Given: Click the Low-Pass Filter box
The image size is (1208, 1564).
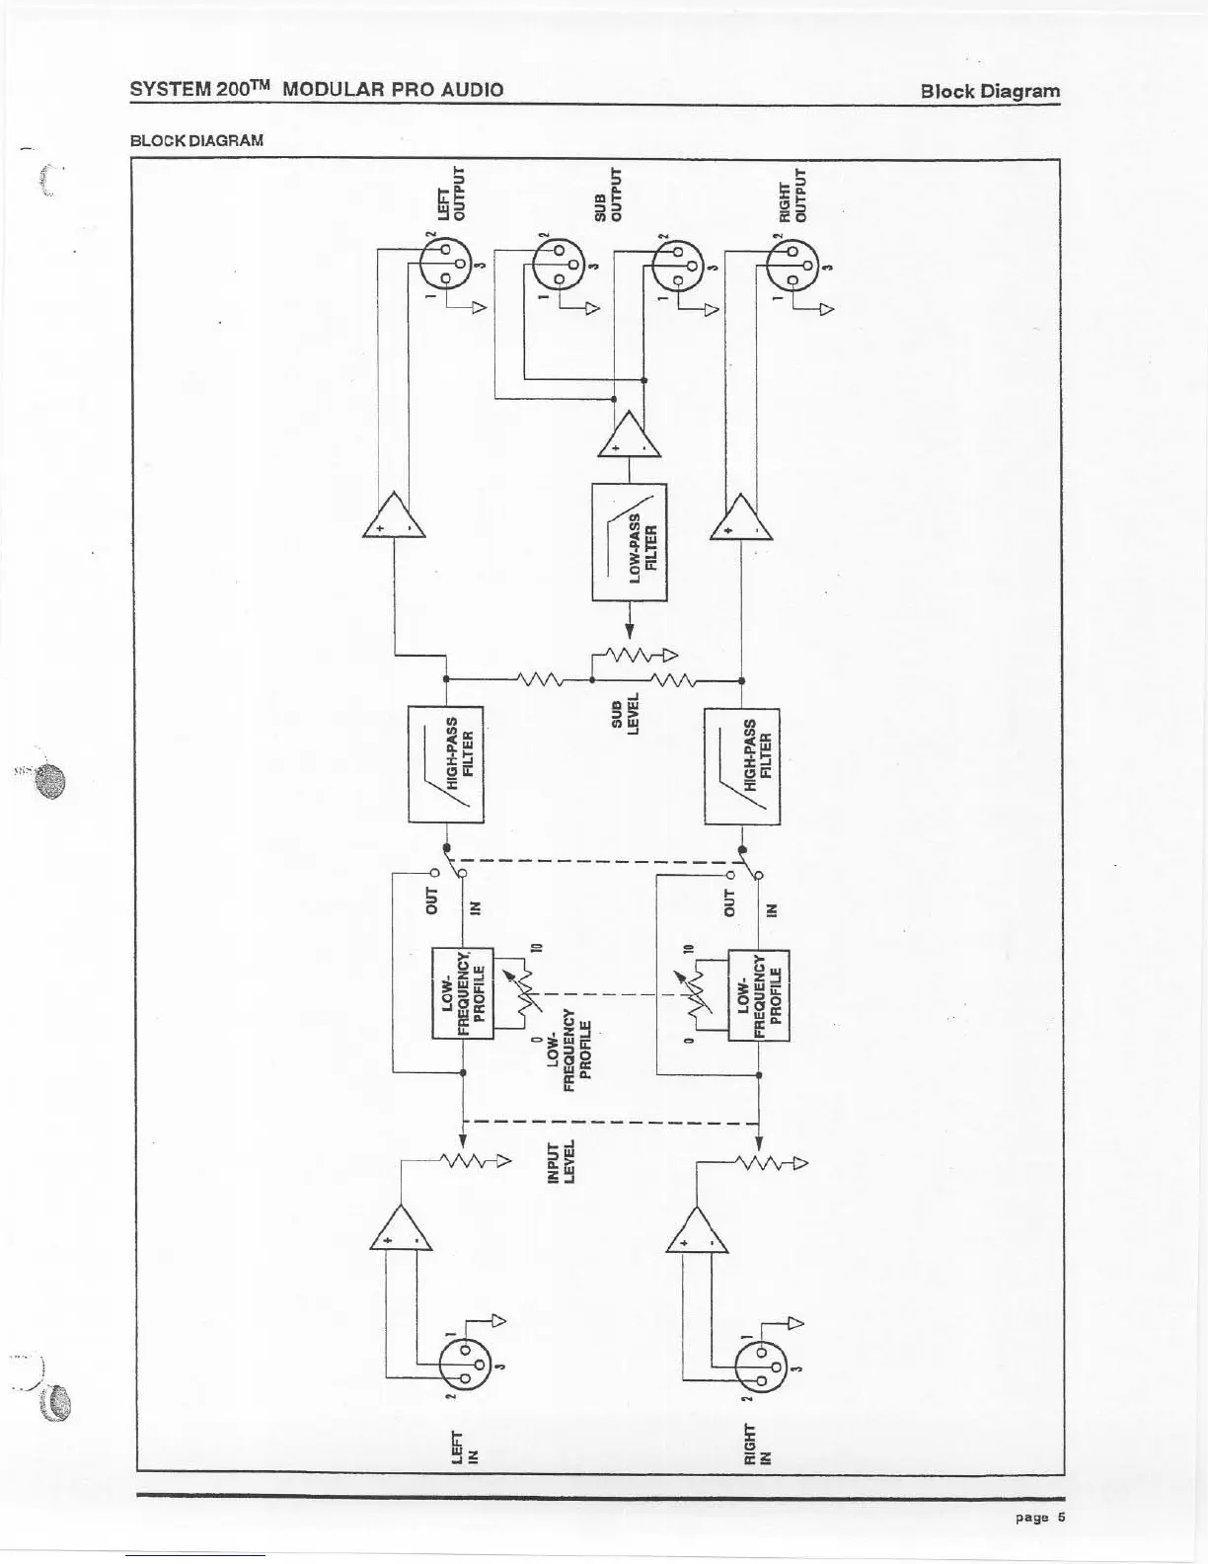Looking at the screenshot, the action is (x=629, y=541).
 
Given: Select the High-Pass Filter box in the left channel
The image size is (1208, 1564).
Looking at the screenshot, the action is (x=446, y=764).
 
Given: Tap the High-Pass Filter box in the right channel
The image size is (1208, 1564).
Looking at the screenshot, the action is (x=742, y=766).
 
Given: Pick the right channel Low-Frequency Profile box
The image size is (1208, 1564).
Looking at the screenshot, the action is (x=758, y=994).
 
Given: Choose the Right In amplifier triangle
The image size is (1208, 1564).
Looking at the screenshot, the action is (x=697, y=1232).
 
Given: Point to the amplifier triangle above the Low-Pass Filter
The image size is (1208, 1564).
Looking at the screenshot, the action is (x=629, y=438).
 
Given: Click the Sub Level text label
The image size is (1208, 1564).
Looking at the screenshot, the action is (x=626, y=711).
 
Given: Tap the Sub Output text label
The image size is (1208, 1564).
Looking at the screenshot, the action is (x=610, y=195).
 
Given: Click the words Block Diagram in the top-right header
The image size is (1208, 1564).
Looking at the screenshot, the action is (x=990, y=91).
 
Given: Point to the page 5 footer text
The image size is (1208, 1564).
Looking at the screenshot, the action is (x=1040, y=1518).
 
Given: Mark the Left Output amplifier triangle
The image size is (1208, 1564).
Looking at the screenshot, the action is (x=394, y=516).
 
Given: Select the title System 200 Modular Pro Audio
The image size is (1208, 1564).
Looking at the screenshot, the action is (x=317, y=89).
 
